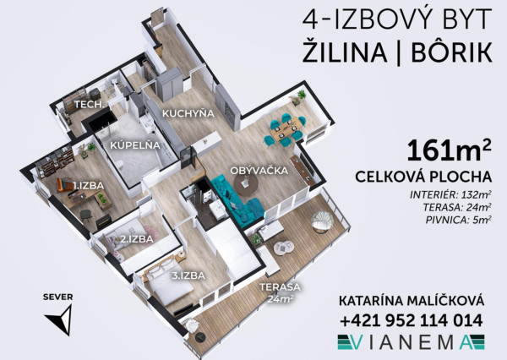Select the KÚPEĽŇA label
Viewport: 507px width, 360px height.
[129, 146]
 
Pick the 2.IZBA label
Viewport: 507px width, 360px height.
[135, 239]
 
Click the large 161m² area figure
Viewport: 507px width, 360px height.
[450, 151]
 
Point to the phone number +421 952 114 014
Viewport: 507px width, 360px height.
[411, 320]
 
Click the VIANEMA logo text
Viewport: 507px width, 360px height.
[411, 342]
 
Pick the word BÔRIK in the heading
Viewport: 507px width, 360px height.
[451, 52]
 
